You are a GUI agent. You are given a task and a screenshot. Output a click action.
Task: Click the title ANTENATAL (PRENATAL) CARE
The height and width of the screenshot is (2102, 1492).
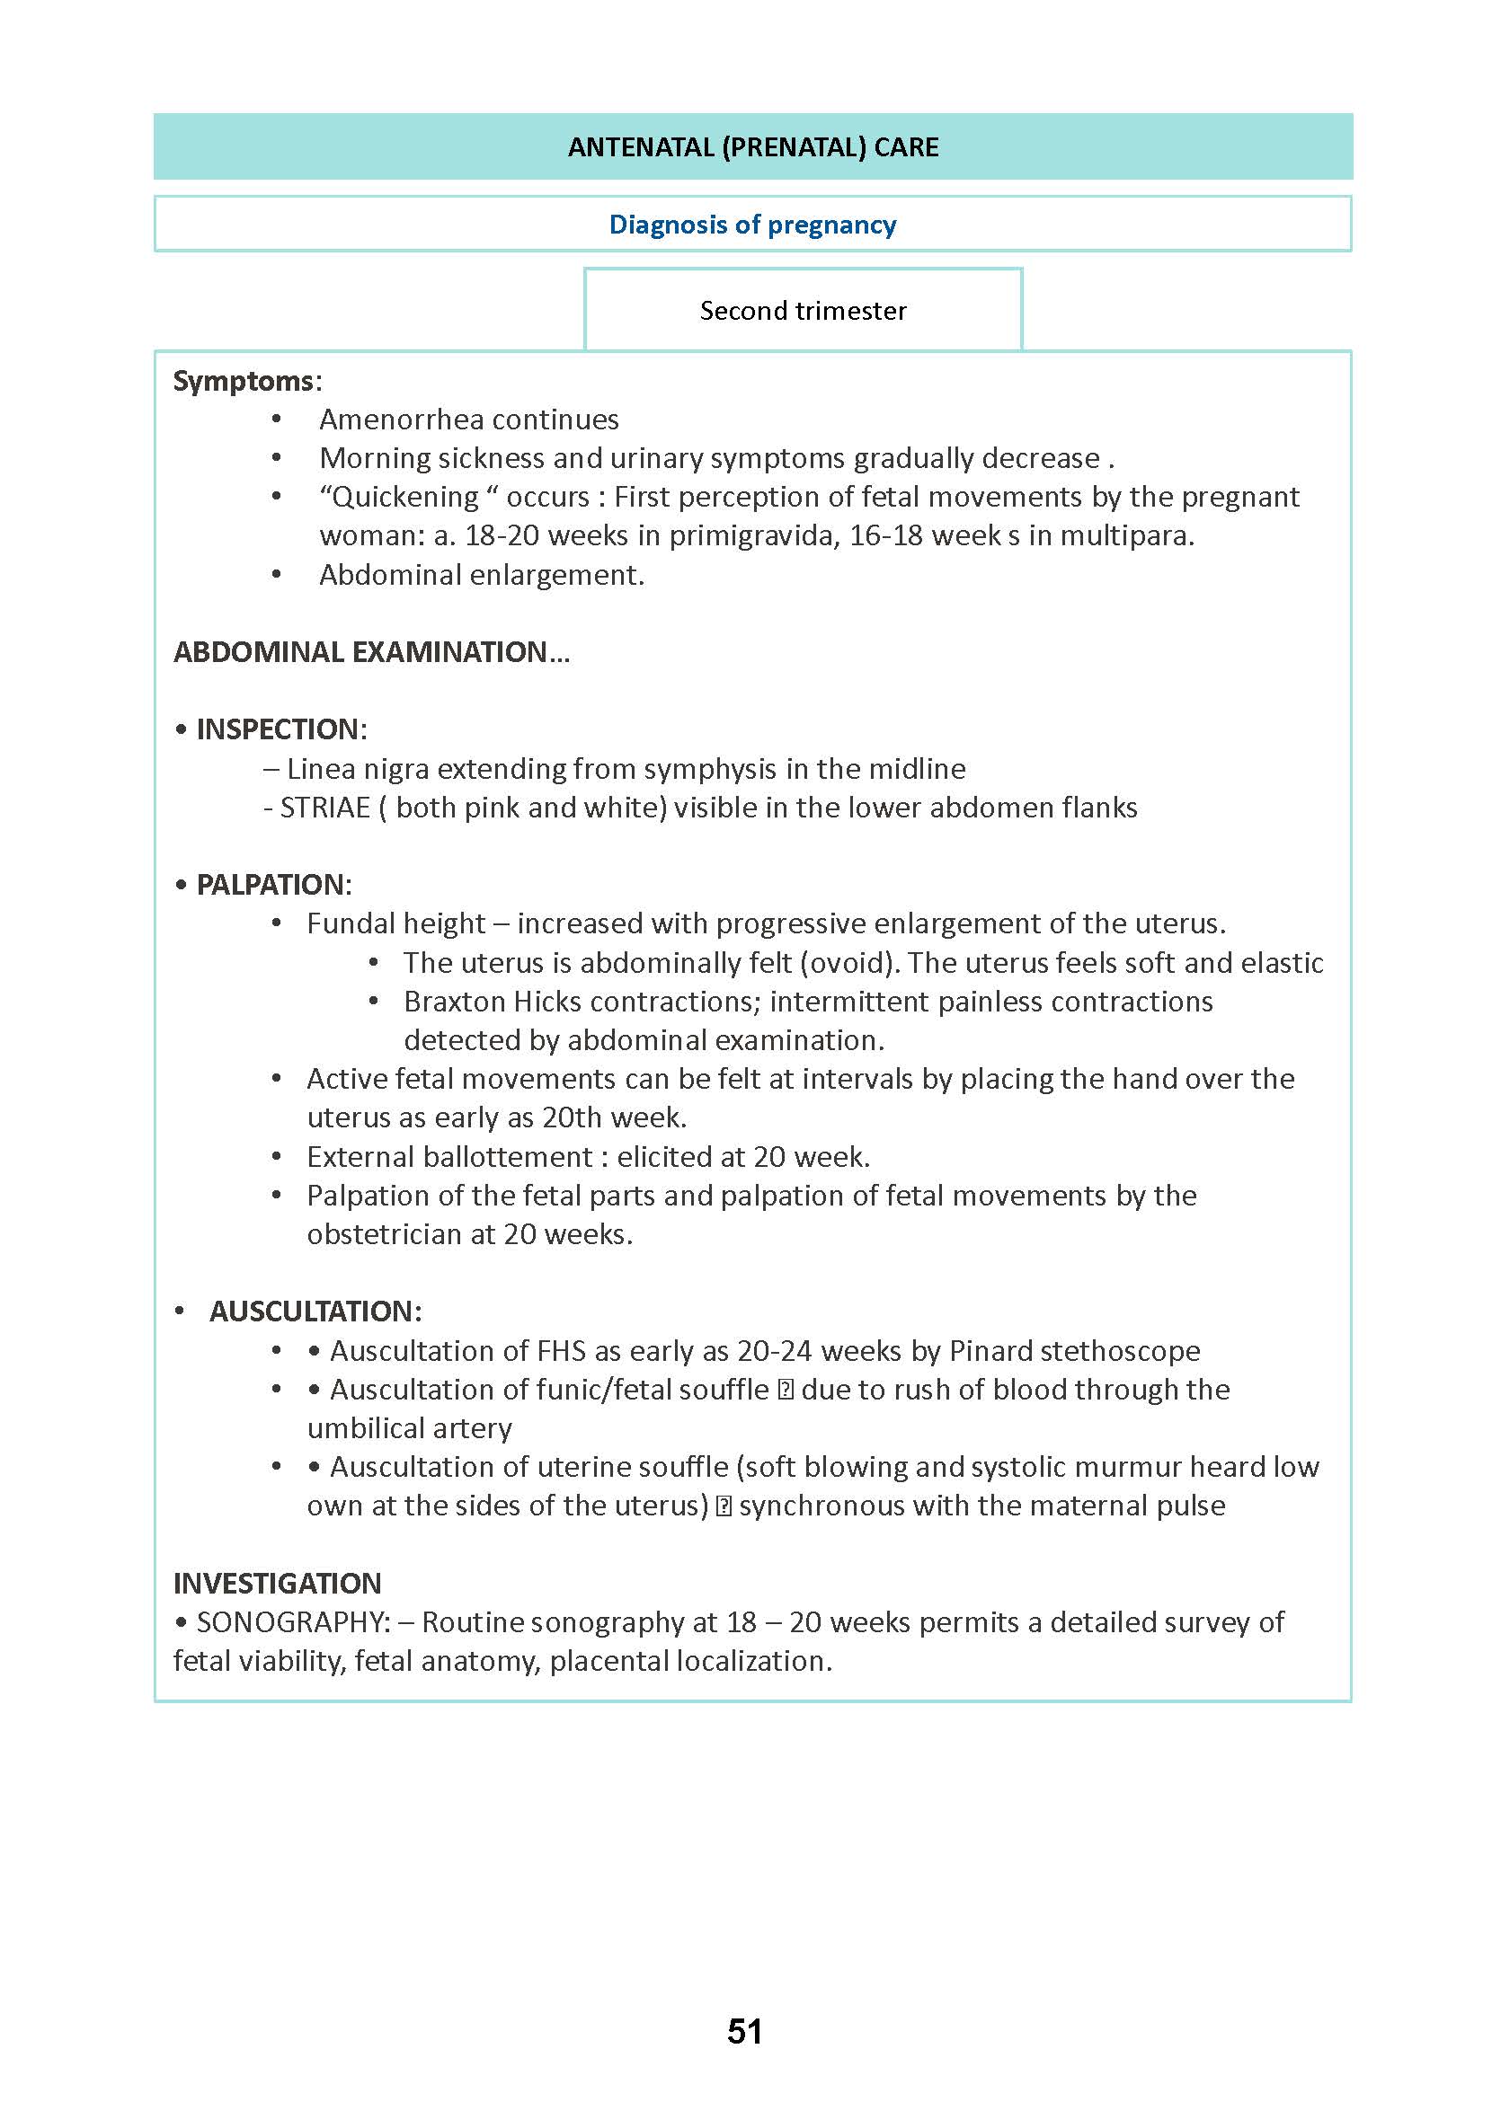[x=752, y=147]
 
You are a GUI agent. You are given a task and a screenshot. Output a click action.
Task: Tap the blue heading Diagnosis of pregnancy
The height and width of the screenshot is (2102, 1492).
[x=752, y=224]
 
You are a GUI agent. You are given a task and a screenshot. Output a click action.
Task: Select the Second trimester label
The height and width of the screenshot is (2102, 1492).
[x=803, y=311]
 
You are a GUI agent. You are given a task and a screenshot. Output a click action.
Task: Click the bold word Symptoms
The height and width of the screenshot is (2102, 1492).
[x=244, y=380]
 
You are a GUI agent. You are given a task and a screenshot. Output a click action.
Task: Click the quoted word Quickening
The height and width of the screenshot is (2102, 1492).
[x=405, y=497]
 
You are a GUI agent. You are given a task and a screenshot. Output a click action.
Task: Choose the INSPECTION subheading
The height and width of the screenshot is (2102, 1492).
[x=280, y=729]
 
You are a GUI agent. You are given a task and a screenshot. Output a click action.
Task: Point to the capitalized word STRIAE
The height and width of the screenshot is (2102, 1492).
[x=324, y=808]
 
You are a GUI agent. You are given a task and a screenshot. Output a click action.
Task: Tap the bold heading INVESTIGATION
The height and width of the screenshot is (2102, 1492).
[x=277, y=1583]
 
